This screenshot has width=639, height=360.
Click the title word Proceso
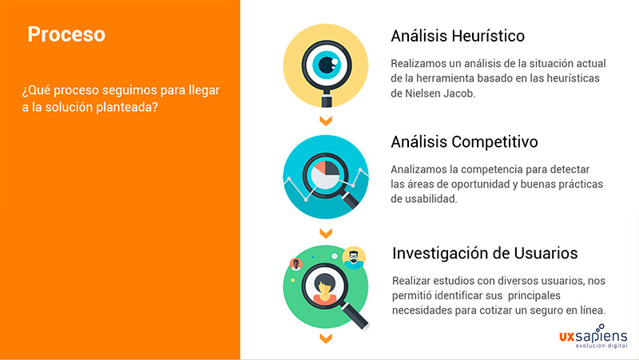click(x=66, y=35)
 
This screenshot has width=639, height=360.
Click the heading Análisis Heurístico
click(x=457, y=36)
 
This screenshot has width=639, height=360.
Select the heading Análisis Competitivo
click(x=464, y=142)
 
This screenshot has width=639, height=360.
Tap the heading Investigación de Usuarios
click(x=485, y=253)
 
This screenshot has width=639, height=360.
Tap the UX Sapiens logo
click(x=593, y=338)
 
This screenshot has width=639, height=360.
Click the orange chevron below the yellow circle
click(x=325, y=121)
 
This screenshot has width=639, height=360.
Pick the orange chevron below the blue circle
click(x=325, y=233)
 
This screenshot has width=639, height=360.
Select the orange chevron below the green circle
click(x=325, y=338)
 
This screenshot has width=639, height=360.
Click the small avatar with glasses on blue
click(x=353, y=258)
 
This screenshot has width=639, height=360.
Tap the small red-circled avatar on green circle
click(x=296, y=264)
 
